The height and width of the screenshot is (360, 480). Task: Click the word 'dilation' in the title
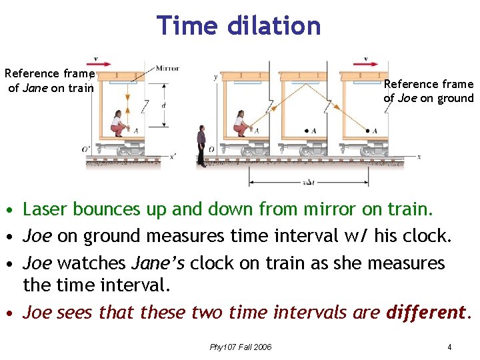(x=275, y=25)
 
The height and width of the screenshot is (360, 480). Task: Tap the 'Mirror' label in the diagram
(x=167, y=68)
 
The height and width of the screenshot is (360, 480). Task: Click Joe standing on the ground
(x=201, y=145)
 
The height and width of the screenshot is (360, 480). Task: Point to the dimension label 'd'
(x=163, y=106)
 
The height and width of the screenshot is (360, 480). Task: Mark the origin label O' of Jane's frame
(x=86, y=149)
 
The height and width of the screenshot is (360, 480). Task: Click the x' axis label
(x=173, y=157)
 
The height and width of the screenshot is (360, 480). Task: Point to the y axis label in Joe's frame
(x=215, y=77)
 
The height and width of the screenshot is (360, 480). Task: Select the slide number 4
(x=450, y=347)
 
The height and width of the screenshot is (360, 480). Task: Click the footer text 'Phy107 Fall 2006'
(x=241, y=347)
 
